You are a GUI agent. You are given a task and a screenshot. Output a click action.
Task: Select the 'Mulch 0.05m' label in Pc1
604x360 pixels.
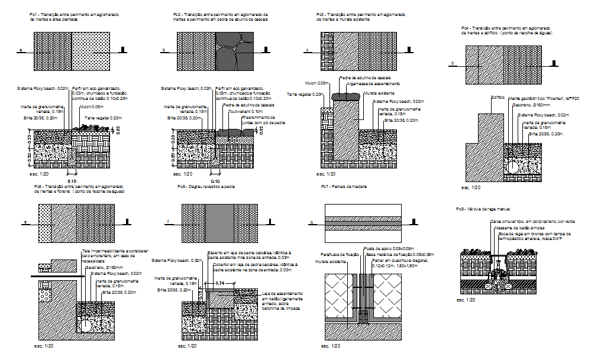(91, 107)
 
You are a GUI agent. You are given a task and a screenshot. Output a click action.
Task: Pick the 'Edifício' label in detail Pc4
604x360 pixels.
(498, 96)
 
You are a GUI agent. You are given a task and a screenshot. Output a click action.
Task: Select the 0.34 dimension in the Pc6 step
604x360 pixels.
(219, 284)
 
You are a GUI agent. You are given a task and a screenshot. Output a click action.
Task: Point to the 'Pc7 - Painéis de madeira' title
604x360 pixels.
(344, 187)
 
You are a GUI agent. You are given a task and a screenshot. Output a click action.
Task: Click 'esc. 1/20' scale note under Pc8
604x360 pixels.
(465, 300)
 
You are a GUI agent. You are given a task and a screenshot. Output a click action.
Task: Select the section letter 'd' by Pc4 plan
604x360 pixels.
(452, 63)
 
